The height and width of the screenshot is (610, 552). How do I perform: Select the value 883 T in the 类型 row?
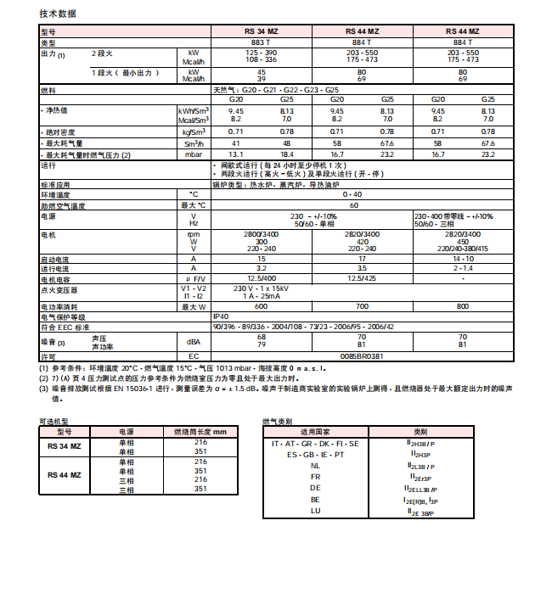[262, 42]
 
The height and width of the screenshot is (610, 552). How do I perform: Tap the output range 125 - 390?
[262, 53]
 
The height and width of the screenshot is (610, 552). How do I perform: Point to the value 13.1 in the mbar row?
[237, 154]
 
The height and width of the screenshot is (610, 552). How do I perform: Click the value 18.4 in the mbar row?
[287, 154]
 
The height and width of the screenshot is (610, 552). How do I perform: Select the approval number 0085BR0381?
[362, 355]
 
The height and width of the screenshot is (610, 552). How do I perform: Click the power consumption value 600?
[262, 305]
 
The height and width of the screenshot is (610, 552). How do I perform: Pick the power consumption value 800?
[463, 305]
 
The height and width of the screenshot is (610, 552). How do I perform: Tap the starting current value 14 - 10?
[463, 258]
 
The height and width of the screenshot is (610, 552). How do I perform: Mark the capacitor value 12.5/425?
[362, 277]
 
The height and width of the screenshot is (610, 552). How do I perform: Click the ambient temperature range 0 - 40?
[363, 194]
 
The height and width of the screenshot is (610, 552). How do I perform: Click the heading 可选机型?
[54, 422]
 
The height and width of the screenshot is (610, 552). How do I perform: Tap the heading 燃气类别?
[277, 422]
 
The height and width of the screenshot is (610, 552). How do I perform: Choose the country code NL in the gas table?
[315, 466]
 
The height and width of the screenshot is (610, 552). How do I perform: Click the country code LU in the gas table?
[315, 511]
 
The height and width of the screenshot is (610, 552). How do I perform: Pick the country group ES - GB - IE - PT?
[315, 455]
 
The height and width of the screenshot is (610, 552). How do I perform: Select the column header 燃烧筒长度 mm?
[200, 432]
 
